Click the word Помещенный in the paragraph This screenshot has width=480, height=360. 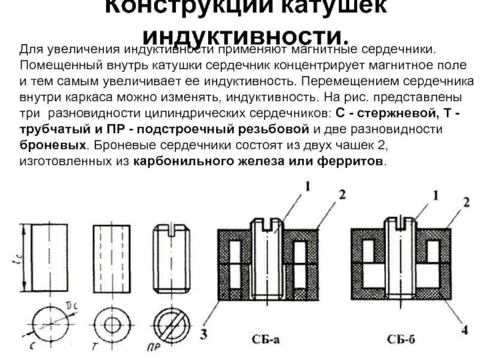[56, 64]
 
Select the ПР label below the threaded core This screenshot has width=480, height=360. [155, 346]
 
